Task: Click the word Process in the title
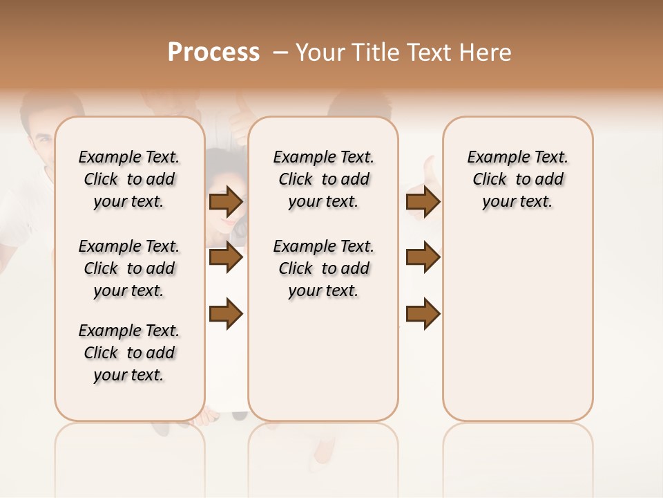point(213,53)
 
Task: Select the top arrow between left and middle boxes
point(226,202)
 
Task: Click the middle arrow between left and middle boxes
point(226,257)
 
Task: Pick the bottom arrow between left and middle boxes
point(226,313)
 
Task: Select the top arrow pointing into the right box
point(423,202)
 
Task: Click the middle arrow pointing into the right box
point(423,257)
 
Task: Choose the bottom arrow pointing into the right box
point(423,313)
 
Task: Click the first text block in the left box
point(128,179)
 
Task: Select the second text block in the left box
point(128,268)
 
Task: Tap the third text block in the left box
point(128,353)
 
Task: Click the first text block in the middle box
point(323,179)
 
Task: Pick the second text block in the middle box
point(323,268)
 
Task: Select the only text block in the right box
point(517,179)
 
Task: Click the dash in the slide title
point(280,53)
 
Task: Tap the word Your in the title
point(319,53)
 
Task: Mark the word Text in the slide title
point(430,53)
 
